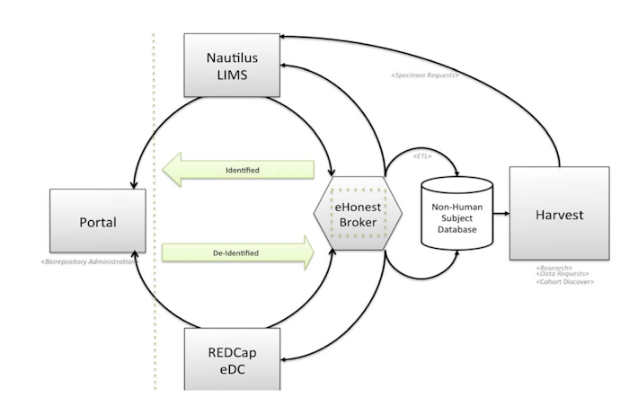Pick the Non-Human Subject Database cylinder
pyautogui.click(x=457, y=214)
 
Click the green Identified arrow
pyautogui.click(x=238, y=169)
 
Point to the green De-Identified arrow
pyautogui.click(x=238, y=253)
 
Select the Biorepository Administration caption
pyautogui.click(x=88, y=261)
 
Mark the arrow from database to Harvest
pyautogui.click(x=500, y=214)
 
